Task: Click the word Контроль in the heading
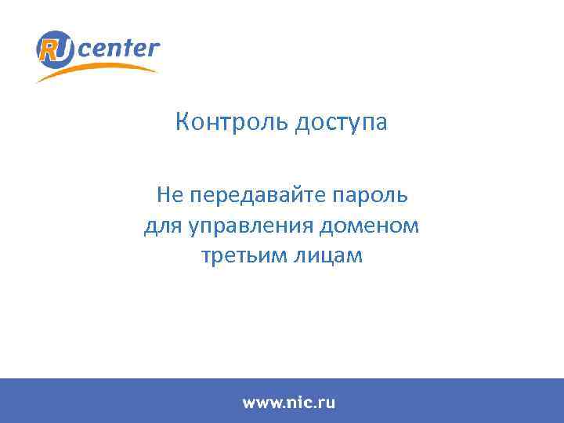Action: [232, 123]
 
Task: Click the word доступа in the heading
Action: [341, 124]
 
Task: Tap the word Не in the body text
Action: [168, 193]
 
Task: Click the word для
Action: [162, 226]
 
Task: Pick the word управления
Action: [251, 226]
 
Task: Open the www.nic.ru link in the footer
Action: [288, 403]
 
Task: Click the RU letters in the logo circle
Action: [56, 49]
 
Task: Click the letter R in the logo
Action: [50, 49]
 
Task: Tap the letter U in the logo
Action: [63, 49]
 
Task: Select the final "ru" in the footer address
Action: [326, 403]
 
